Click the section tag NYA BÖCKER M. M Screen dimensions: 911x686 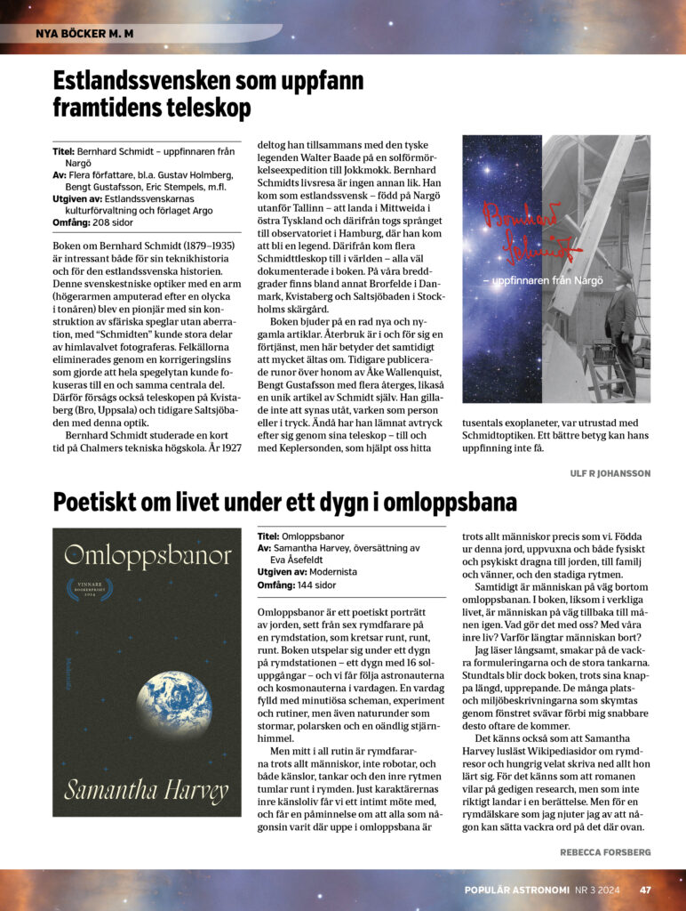point(84,34)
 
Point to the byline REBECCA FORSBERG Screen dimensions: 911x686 point(605,851)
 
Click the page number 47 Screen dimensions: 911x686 point(646,889)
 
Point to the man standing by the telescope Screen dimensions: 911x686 point(622,325)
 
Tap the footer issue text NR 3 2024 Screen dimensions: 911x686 point(601,889)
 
